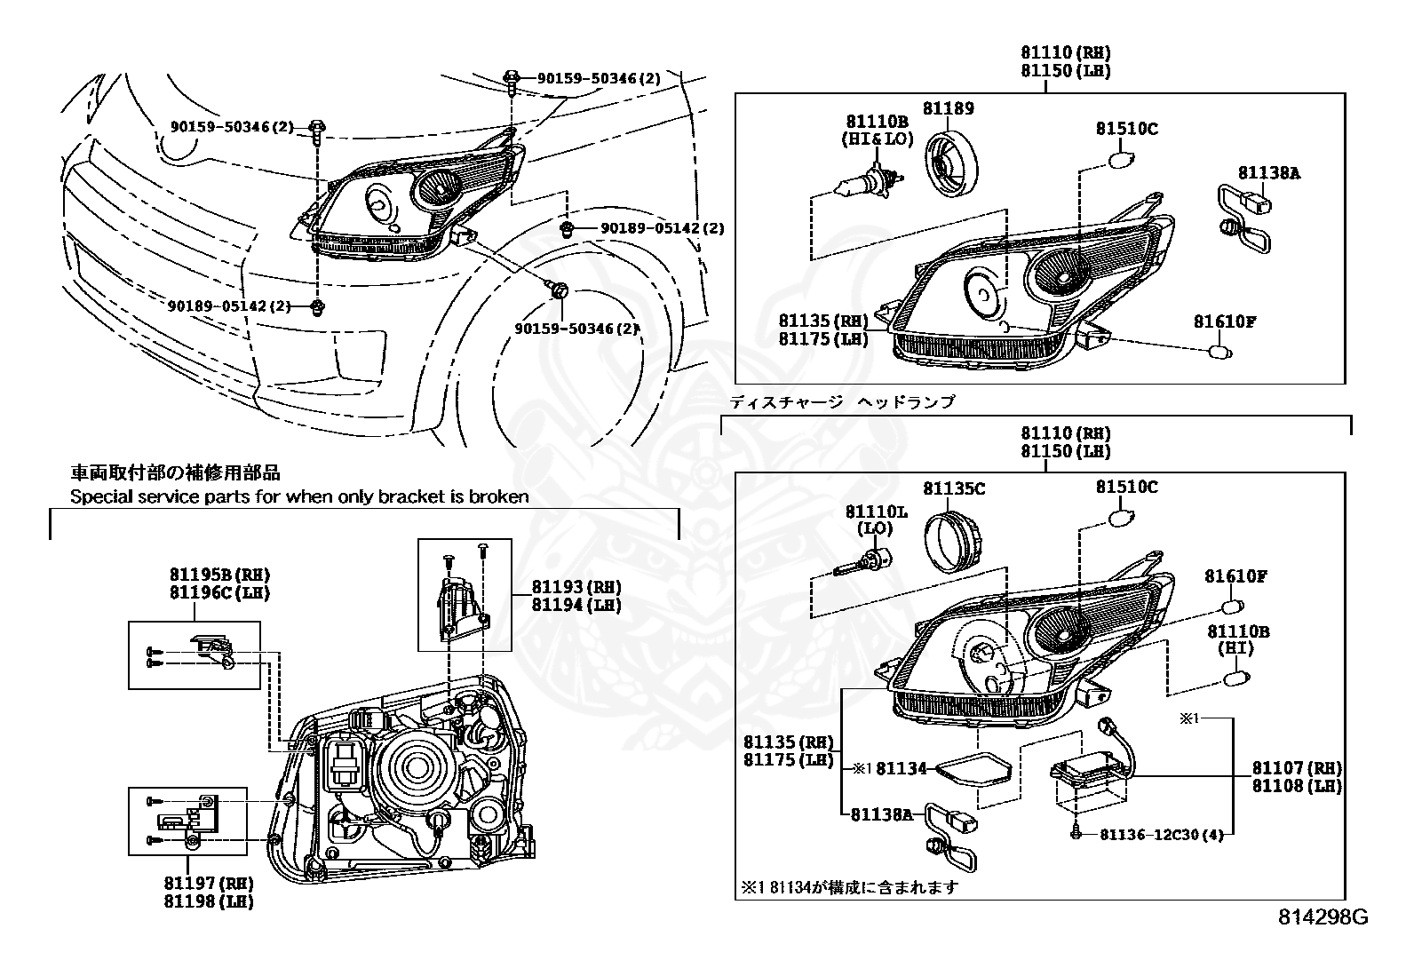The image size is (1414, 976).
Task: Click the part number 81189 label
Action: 948,108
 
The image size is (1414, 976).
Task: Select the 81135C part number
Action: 953,488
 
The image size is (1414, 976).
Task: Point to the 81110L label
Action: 876,512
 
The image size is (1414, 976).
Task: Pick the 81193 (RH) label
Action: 576,587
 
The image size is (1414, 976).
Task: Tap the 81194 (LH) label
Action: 576,605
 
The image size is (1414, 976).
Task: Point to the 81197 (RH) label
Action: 209,883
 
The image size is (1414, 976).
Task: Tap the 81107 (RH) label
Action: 1297,767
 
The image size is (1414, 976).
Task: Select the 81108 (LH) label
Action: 1297,786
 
